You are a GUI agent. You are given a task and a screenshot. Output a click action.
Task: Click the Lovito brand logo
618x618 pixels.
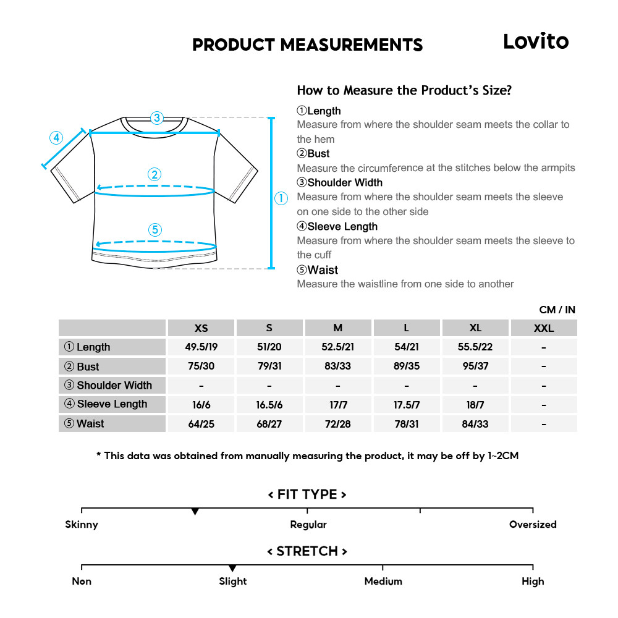pos(535,41)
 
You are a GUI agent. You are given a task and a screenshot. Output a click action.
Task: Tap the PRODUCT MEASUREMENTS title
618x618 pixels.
pos(307,45)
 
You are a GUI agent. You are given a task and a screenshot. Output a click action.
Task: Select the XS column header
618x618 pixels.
pos(201,328)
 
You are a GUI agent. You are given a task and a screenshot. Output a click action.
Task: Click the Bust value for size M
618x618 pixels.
pos(337,366)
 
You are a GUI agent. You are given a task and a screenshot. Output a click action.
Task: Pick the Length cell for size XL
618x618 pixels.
pos(475,347)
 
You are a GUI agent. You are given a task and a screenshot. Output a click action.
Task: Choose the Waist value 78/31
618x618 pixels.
pos(406,424)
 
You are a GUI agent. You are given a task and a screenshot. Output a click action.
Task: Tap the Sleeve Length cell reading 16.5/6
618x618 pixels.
pos(269,405)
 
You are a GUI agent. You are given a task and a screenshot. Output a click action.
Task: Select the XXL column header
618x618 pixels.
pos(543,328)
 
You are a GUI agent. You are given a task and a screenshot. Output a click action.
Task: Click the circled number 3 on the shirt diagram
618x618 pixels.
pos(157,117)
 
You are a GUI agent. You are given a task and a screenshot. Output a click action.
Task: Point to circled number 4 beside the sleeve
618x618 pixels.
pos(56,137)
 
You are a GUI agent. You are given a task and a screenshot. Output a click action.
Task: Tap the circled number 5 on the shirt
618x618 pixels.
pos(155,230)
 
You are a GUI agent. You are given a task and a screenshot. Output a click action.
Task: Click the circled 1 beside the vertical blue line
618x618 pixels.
pos(281,198)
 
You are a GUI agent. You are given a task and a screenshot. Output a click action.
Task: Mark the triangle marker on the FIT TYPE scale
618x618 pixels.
pos(195,512)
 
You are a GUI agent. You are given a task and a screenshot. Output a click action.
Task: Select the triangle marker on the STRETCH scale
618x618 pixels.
pos(232,568)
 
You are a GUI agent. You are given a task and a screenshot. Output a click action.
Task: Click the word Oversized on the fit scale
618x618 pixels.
pos(533,525)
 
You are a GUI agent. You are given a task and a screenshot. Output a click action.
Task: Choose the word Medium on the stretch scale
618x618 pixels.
pos(383,582)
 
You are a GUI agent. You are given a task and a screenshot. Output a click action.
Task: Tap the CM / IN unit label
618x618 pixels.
pos(557,310)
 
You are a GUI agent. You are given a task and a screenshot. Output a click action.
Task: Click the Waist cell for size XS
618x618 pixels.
pos(201,424)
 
